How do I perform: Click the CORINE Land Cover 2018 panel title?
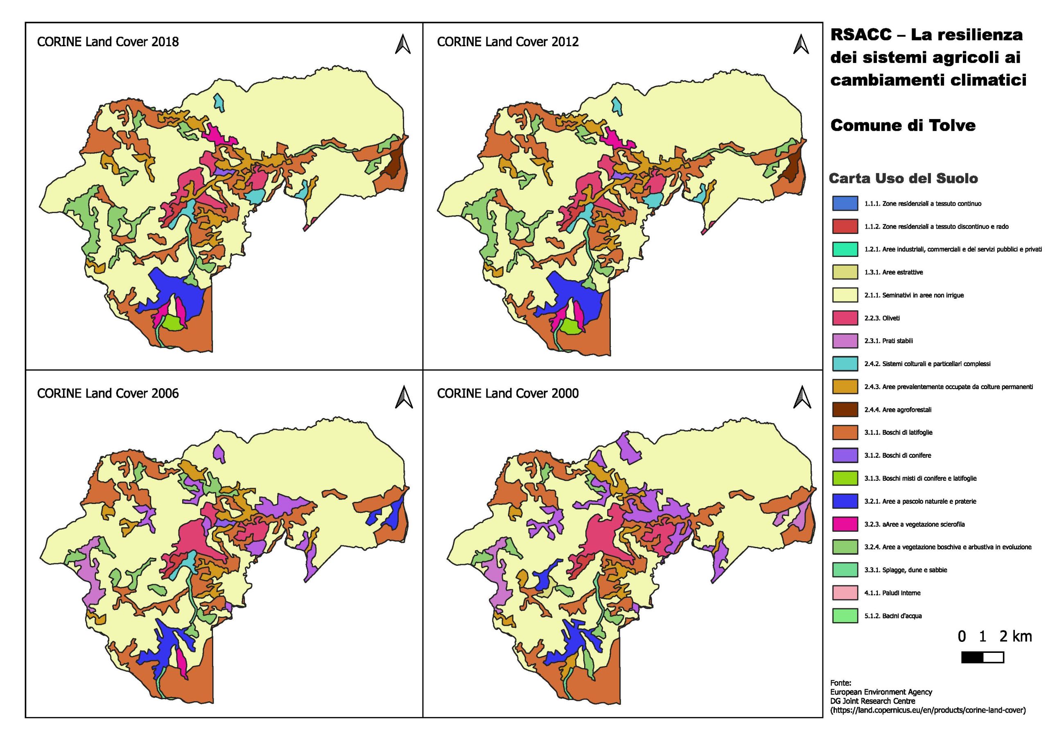(108, 42)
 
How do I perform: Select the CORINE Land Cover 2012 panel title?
(508, 42)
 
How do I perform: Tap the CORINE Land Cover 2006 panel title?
(108, 393)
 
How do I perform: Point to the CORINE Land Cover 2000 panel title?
(508, 393)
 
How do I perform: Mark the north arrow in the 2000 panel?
(802, 396)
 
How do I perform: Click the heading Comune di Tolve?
(903, 125)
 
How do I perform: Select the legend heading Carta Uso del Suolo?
(903, 178)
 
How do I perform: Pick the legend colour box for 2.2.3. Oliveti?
(845, 318)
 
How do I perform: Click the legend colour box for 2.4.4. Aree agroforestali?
(845, 410)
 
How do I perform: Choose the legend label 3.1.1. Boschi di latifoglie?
(898, 432)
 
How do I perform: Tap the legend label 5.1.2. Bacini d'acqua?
(893, 616)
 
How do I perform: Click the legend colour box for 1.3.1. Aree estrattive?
(845, 272)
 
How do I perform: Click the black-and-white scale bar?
(982, 657)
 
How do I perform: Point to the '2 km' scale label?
(1016, 637)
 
